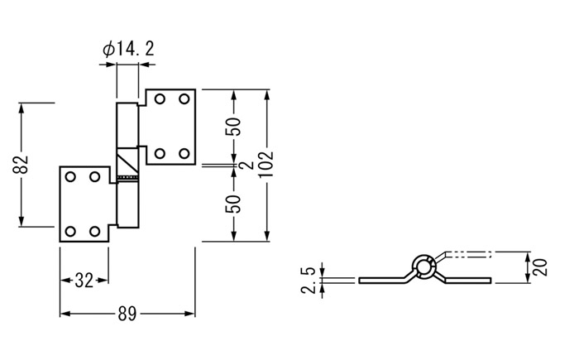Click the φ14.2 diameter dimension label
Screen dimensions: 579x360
[128, 49]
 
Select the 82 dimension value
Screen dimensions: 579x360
[21, 165]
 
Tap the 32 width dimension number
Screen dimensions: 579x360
[84, 281]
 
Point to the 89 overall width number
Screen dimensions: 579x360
[127, 314]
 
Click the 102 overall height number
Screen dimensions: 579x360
[266, 164]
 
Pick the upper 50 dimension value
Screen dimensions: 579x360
[233, 127]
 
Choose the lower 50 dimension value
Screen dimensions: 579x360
[233, 204]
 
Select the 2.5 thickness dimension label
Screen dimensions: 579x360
[309, 281]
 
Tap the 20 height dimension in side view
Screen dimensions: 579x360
[538, 267]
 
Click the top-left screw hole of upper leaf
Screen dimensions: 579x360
[160, 99]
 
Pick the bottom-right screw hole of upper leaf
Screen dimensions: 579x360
[184, 153]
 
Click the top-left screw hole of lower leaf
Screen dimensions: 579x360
[70, 176]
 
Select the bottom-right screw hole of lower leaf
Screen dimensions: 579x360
[95, 232]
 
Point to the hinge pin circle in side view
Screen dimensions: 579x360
[423, 266]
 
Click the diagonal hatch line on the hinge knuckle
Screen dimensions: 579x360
[127, 161]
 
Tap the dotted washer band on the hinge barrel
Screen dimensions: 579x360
[127, 178]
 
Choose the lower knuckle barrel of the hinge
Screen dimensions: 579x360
[127, 204]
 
